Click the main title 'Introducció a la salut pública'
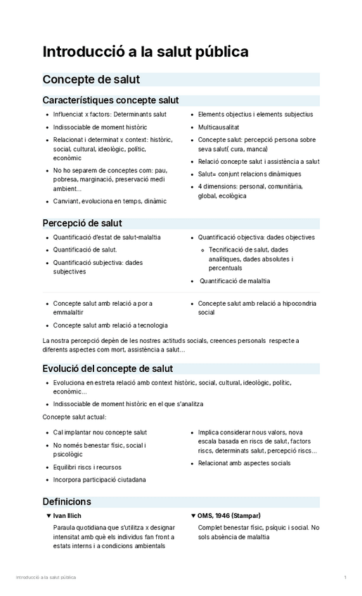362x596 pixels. (146, 52)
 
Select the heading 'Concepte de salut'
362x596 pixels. (91, 79)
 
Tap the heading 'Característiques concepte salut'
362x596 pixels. (110, 101)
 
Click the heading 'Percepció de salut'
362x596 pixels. (82, 223)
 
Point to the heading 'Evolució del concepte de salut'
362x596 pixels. (108, 368)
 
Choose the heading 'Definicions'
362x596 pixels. (67, 502)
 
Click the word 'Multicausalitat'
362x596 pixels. (219, 127)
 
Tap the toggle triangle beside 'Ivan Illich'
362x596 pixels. (48, 516)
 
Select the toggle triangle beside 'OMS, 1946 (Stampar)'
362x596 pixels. (193, 516)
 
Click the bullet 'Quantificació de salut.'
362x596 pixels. (85, 250)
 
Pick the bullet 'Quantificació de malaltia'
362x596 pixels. (235, 281)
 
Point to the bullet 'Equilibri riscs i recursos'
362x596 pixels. (87, 467)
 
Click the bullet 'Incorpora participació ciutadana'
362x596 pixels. (99, 480)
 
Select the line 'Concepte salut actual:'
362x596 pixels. (75, 417)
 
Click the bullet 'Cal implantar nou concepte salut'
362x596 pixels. (100, 432)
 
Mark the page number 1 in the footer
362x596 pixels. (345, 577)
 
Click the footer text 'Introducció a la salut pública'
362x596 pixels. (46, 577)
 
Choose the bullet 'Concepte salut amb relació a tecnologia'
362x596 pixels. (110, 325)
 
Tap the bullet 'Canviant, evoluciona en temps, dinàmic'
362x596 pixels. (110, 202)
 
